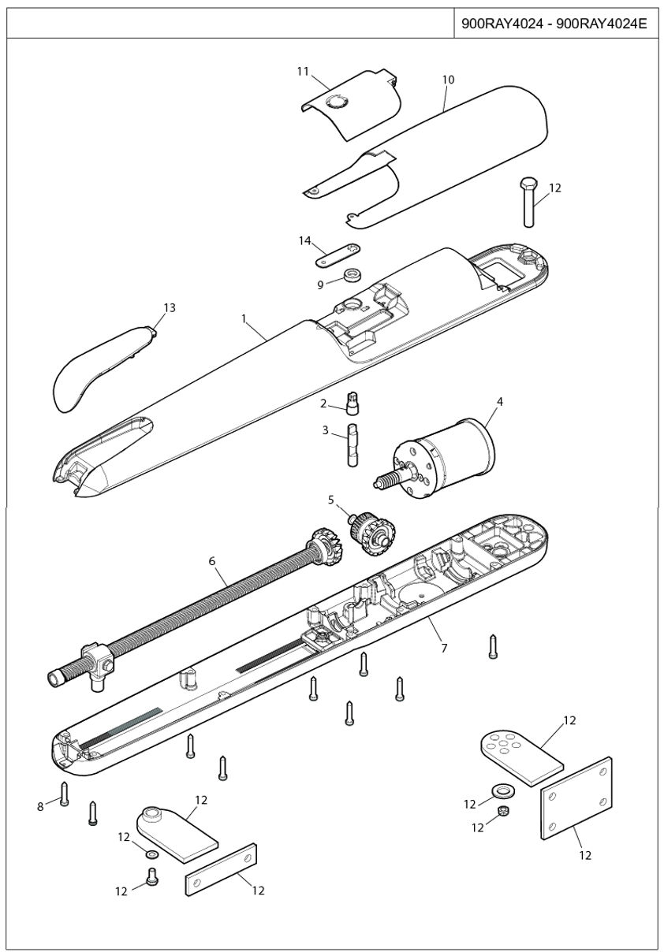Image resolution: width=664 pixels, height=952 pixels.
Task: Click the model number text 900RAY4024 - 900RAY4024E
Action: [554, 24]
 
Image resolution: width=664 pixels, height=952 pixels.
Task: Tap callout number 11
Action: [303, 72]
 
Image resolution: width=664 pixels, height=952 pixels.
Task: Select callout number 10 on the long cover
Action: [449, 80]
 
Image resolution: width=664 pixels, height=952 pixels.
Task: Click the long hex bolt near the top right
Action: [528, 203]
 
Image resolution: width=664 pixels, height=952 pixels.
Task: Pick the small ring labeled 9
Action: [352, 275]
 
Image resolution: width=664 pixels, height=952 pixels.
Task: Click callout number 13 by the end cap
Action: [170, 307]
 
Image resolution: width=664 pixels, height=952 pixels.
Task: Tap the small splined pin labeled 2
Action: [353, 402]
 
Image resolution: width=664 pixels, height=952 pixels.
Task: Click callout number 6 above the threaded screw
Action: [212, 561]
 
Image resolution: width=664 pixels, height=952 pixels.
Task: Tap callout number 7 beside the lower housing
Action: [444, 648]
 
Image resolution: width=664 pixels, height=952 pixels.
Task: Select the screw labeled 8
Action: [64, 793]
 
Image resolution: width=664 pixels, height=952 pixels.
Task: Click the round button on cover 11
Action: [337, 102]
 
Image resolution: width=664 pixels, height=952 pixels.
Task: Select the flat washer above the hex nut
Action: [503, 790]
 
